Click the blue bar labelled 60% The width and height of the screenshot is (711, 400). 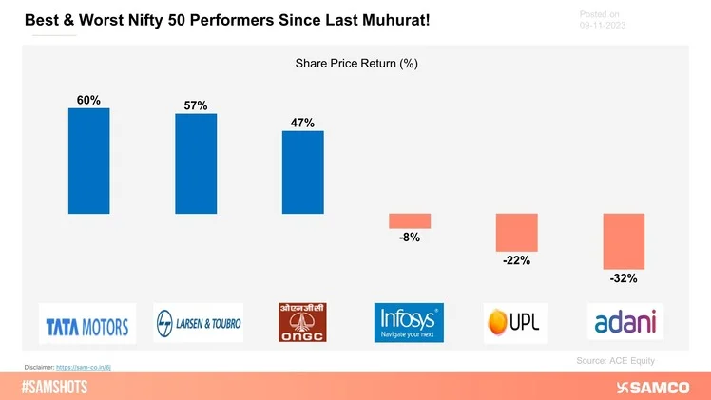coord(88,161)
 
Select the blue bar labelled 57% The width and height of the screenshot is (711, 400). coord(196,163)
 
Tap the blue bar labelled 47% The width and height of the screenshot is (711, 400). coord(302,172)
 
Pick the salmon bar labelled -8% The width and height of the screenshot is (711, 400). coord(410,220)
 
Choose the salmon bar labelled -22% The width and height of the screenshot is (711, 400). coord(517,232)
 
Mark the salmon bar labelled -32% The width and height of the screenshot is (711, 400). coord(624,241)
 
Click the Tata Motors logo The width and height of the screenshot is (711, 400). coord(87,323)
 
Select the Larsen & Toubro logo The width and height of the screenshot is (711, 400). coord(198,323)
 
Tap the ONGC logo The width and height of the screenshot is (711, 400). coord(302,322)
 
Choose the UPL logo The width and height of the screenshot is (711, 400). coord(514,323)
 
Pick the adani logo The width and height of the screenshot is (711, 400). coord(625,322)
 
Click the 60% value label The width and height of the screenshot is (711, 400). coord(88,99)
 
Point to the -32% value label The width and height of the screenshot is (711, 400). coord(624,279)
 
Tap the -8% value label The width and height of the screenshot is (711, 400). coord(410,238)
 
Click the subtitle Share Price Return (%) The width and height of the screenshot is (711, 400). coord(356,65)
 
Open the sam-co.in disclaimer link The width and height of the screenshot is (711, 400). coord(88,365)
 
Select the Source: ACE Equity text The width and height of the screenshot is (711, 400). coord(615,361)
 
